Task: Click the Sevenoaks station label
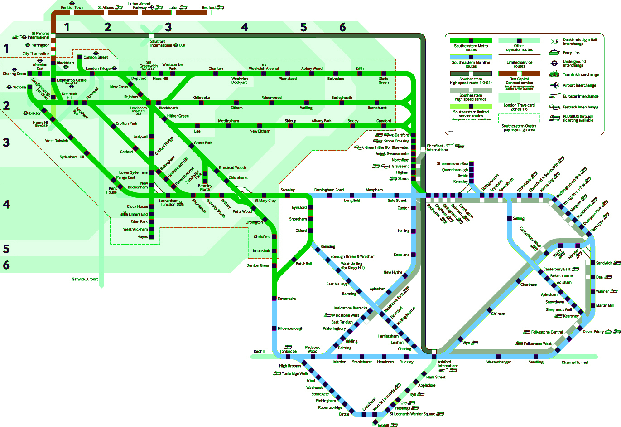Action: [x=287, y=299]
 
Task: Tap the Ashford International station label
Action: [x=448, y=364]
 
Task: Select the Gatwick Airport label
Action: [x=85, y=279]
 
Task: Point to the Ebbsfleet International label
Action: [x=438, y=148]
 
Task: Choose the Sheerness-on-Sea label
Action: [x=452, y=164]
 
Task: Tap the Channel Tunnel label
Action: [x=575, y=363]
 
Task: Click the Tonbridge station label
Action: [x=288, y=351]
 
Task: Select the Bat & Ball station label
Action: [x=303, y=264]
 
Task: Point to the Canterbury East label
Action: [x=557, y=270]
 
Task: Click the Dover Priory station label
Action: [x=593, y=332]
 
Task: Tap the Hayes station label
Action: [x=142, y=237]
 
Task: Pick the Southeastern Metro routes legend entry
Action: [x=471, y=48]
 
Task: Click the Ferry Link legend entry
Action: [x=571, y=53]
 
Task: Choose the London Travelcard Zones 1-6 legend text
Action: [x=519, y=107]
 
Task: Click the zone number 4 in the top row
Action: [x=245, y=27]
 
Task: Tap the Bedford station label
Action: [x=208, y=8]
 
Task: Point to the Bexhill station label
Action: [x=383, y=425]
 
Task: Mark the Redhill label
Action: [x=260, y=351]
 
